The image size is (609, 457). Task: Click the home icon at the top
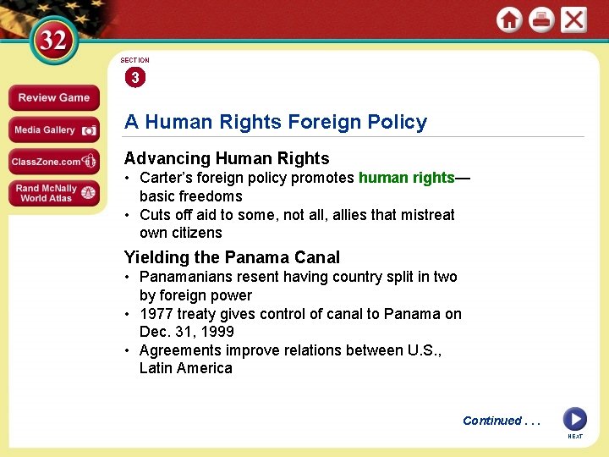(509, 19)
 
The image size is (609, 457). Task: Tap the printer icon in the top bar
(541, 19)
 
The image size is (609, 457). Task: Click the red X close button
(573, 19)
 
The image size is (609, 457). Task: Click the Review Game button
(53, 97)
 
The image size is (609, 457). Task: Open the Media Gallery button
(53, 129)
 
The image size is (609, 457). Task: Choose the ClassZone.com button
(53, 162)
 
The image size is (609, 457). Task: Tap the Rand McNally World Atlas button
(53, 193)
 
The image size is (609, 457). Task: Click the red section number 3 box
(134, 78)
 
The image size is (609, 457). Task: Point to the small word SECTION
(134, 60)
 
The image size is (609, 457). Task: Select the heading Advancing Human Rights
(227, 158)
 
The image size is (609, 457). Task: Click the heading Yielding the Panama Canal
(232, 257)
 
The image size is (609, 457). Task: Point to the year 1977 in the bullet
(156, 314)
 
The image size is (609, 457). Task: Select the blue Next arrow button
(574, 419)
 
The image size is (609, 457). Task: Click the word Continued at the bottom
(491, 421)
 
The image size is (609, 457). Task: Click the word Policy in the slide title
(396, 122)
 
